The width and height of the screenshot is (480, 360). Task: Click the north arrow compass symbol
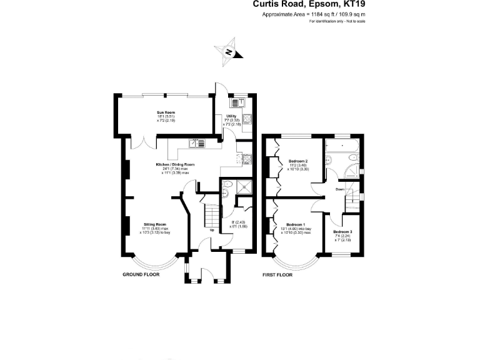(x=229, y=52)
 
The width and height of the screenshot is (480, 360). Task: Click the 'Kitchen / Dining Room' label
(x=175, y=164)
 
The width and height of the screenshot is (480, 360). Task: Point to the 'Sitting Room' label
(x=154, y=224)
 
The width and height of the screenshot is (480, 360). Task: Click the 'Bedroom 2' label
(x=297, y=161)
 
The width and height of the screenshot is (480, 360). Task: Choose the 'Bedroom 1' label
(x=296, y=224)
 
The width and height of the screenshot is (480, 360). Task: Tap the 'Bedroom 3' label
(x=342, y=232)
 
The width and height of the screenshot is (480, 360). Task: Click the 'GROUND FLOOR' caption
(x=141, y=274)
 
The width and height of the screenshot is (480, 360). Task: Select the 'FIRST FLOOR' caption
(x=276, y=274)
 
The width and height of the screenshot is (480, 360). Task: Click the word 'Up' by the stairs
(x=212, y=229)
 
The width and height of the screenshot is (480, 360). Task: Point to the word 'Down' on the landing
(x=340, y=189)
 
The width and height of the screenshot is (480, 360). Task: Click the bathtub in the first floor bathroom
(x=341, y=148)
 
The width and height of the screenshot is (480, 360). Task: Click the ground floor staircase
(x=212, y=216)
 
